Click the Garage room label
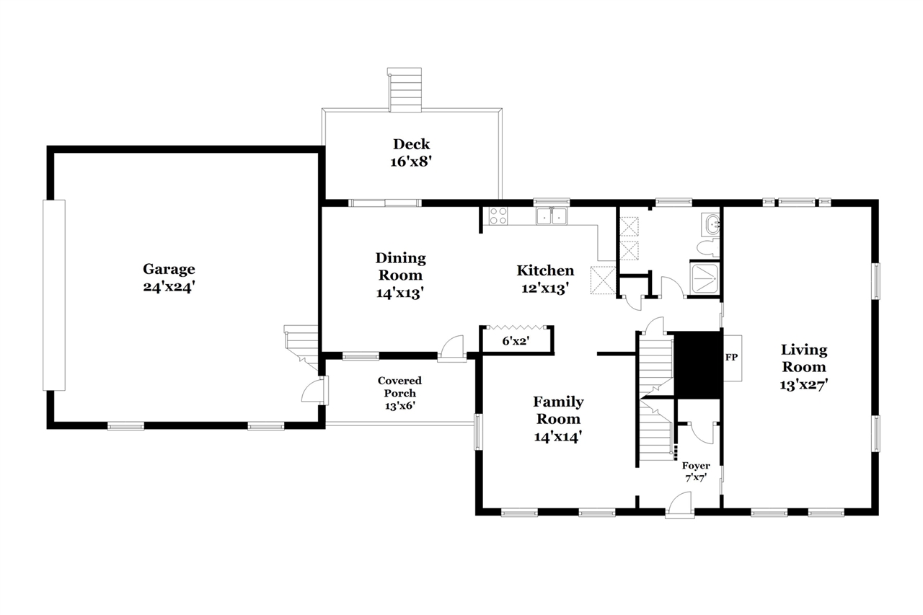coord(169,278)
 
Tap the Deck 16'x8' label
coord(411,153)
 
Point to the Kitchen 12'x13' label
coord(545,279)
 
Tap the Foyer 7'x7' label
coord(696,472)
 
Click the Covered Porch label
coord(399,393)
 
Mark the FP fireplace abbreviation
coord(731,357)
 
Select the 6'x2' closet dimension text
coord(516,340)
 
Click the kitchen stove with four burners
coord(498,216)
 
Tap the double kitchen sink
coord(552,216)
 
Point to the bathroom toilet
coord(708,247)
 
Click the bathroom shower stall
coord(705,278)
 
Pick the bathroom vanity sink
coord(710,224)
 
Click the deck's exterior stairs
coord(405,90)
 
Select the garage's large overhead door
coord(54,295)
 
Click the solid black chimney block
coord(697,365)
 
